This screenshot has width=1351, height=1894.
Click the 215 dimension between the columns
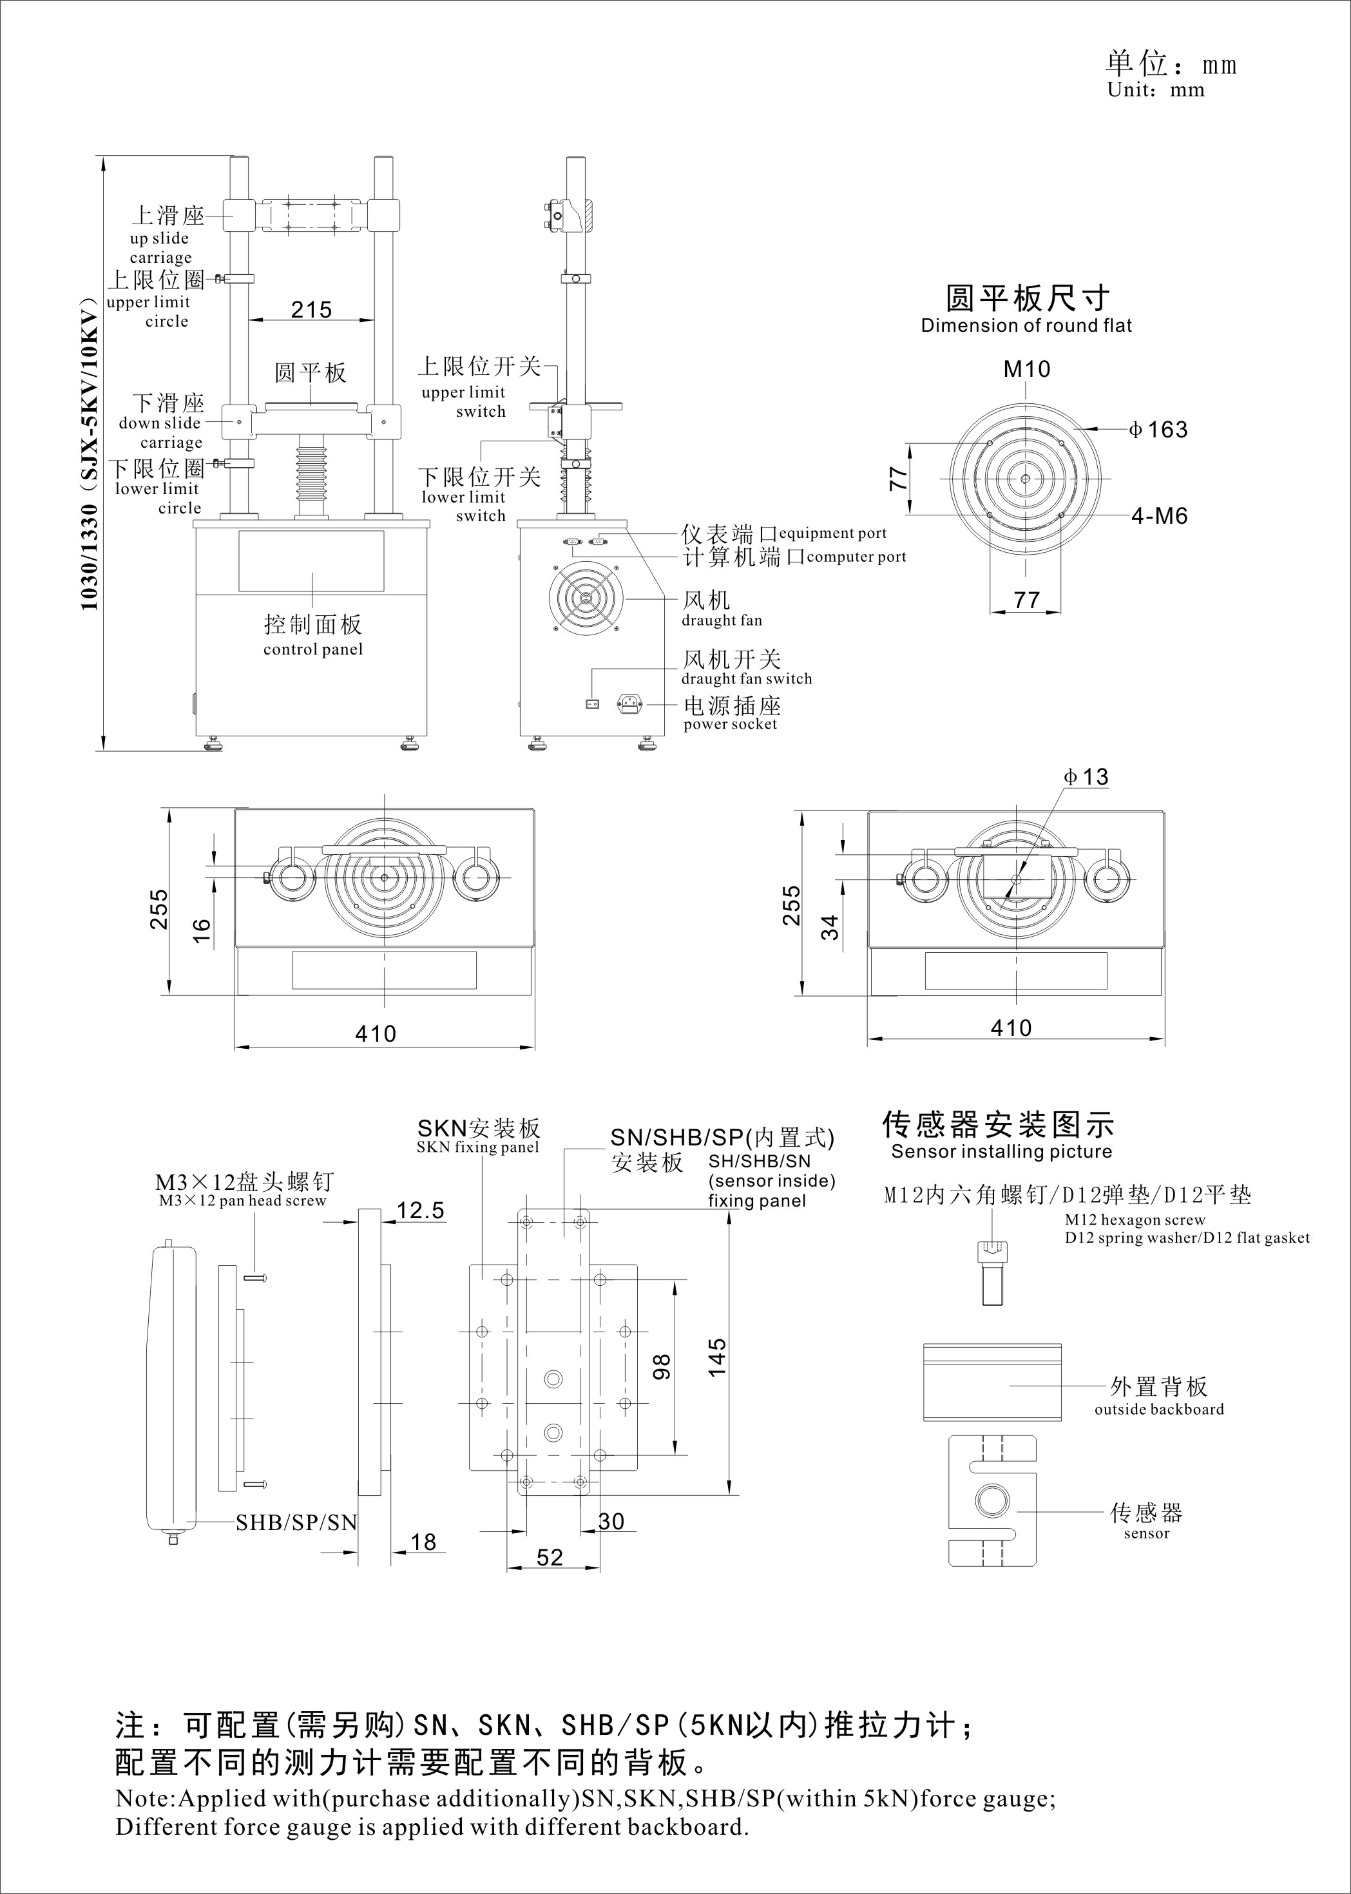tap(311, 309)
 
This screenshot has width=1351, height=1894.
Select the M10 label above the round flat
tap(1026, 368)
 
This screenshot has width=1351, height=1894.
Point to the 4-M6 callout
tap(1159, 516)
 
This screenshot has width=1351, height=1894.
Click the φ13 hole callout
tap(1086, 777)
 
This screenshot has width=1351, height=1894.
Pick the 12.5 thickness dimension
tap(420, 1210)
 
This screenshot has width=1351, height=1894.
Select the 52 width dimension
tap(550, 1557)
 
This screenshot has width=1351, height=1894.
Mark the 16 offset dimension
tap(201, 929)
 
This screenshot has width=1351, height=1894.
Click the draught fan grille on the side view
tap(585, 597)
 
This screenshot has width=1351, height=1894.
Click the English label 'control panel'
tap(313, 649)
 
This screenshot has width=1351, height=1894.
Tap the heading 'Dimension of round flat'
tap(1026, 326)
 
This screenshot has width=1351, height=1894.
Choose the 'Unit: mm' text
tap(1156, 90)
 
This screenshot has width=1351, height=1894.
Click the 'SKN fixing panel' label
tap(477, 1148)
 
